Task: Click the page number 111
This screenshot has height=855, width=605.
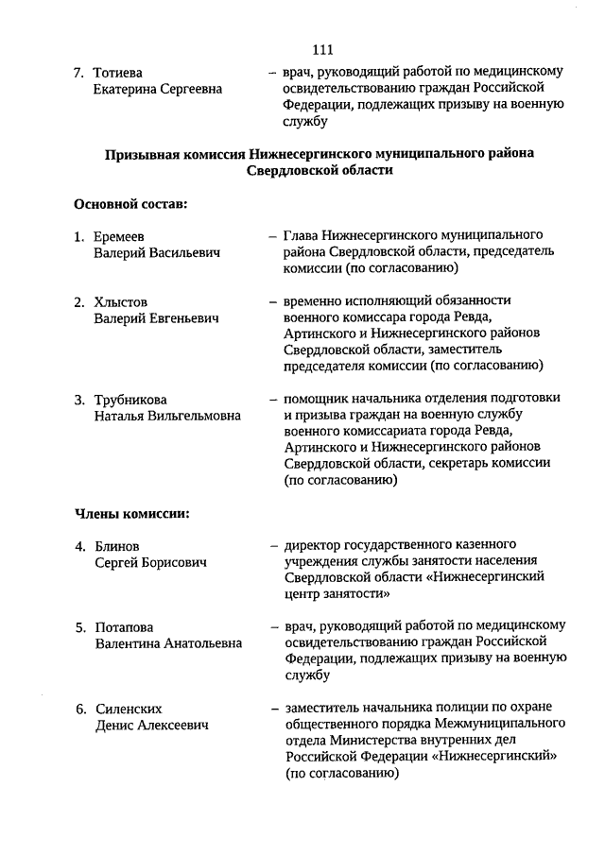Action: pyautogui.click(x=321, y=50)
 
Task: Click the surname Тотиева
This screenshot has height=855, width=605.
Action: pyautogui.click(x=118, y=72)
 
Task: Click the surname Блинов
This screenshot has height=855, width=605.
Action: pyautogui.click(x=117, y=546)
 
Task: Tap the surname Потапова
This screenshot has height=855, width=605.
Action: pyautogui.click(x=124, y=626)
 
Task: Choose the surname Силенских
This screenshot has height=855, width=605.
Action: pyautogui.click(x=129, y=708)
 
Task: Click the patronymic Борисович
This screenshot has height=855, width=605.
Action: pyautogui.click(x=172, y=563)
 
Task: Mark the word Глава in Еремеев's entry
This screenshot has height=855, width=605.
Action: pyautogui.click(x=301, y=235)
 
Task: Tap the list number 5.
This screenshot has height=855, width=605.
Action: pyautogui.click(x=81, y=626)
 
